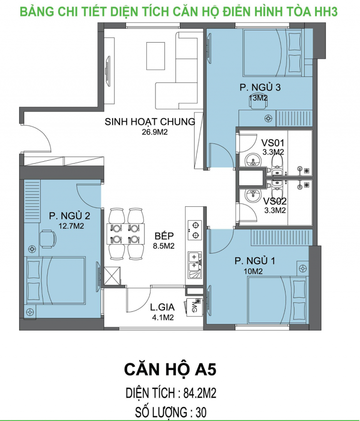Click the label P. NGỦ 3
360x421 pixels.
pyautogui.click(x=260, y=87)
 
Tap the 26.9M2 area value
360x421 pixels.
pyautogui.click(x=155, y=132)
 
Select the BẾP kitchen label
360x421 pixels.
pyautogui.click(x=164, y=235)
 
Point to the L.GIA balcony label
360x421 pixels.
pyautogui.click(x=162, y=307)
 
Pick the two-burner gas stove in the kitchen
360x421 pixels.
pyautogui.click(x=195, y=230)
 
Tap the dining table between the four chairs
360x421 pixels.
pyautogui.click(x=125, y=233)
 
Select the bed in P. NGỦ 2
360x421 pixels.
pyautogui.click(x=55, y=280)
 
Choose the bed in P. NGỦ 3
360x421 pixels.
pyautogui.click(x=274, y=53)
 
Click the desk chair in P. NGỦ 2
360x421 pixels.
pyautogui.click(x=48, y=239)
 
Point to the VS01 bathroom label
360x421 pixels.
pyautogui.click(x=272, y=143)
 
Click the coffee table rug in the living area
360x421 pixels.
pyautogui.click(x=156, y=56)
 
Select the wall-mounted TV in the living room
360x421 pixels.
pyautogui.click(x=108, y=71)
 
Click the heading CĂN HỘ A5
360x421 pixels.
pyautogui.click(x=170, y=369)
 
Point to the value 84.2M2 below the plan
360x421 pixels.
pyautogui.click(x=200, y=393)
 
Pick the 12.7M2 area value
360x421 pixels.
pyautogui.click(x=71, y=226)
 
